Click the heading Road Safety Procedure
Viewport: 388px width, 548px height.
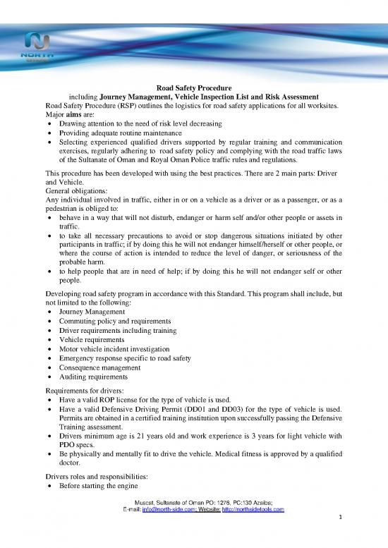coord(194,87)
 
